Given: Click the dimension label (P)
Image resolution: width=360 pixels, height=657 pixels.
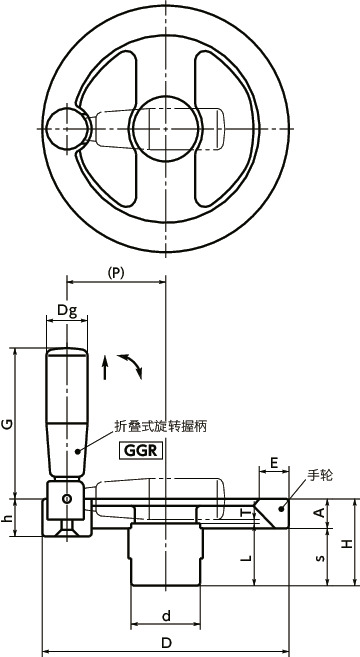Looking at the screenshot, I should pyautogui.click(x=116, y=272).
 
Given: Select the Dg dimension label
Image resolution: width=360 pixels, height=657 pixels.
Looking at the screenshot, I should pyautogui.click(x=66, y=311).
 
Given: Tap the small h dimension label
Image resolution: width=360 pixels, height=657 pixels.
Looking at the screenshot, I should pyautogui.click(x=8, y=518).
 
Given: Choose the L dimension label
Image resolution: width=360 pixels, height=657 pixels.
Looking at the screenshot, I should pyautogui.click(x=246, y=557).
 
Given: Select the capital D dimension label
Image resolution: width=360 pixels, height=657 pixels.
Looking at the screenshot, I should pyautogui.click(x=166, y=642).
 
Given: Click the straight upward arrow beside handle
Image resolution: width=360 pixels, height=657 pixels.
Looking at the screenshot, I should pyautogui.click(x=105, y=366).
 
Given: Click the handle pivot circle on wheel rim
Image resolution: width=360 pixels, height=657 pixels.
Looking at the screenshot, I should pyautogui.click(x=66, y=128).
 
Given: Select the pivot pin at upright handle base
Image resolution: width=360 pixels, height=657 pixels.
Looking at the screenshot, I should pyautogui.click(x=66, y=499).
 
